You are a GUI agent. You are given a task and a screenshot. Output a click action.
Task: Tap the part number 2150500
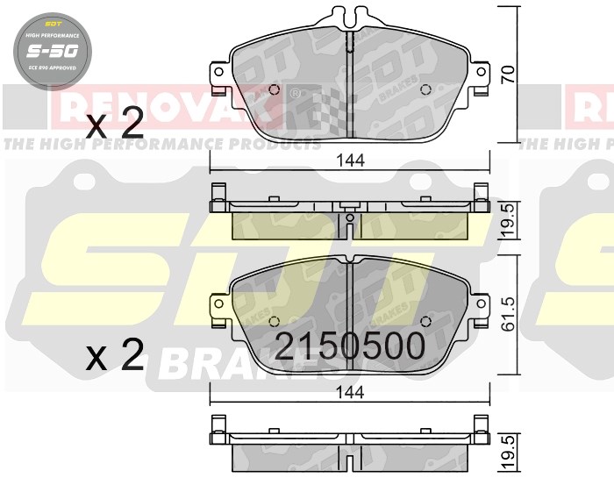[351, 346]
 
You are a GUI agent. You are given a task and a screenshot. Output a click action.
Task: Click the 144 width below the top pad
[350, 160]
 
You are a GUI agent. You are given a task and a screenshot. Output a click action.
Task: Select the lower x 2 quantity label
[115, 356]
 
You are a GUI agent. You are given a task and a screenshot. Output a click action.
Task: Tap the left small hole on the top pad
[274, 89]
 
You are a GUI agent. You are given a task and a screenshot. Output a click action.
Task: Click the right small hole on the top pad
[426, 89]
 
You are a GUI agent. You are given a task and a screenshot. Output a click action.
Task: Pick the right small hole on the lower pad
[426, 319]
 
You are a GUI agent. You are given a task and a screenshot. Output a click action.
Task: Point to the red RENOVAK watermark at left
[167, 106]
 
